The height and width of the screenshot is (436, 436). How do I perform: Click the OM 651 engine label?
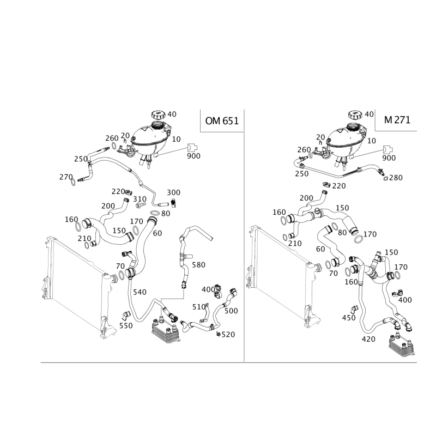222,121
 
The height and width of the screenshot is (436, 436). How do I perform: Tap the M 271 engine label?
397,120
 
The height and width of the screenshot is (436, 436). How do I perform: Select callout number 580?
198,265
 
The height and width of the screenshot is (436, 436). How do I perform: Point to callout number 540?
140,292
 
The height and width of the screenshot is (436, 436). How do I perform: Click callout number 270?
66,177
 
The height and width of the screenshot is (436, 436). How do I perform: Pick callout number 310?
140,199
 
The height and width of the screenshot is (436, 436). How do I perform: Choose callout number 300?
173,192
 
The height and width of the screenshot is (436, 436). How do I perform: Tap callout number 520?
228,335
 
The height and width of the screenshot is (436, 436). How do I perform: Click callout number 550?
126,325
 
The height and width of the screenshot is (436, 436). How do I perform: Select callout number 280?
396,178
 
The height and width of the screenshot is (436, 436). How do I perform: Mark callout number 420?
368,339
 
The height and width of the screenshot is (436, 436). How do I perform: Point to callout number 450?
349,318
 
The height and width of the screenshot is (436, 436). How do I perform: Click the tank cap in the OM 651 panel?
158,114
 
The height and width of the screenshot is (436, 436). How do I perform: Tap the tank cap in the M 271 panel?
355,114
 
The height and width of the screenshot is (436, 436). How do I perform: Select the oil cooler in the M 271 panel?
401,344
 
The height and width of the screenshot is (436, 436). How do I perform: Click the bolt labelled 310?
141,205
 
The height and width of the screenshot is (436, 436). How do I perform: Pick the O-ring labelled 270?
73,182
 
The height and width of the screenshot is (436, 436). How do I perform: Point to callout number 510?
199,307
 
